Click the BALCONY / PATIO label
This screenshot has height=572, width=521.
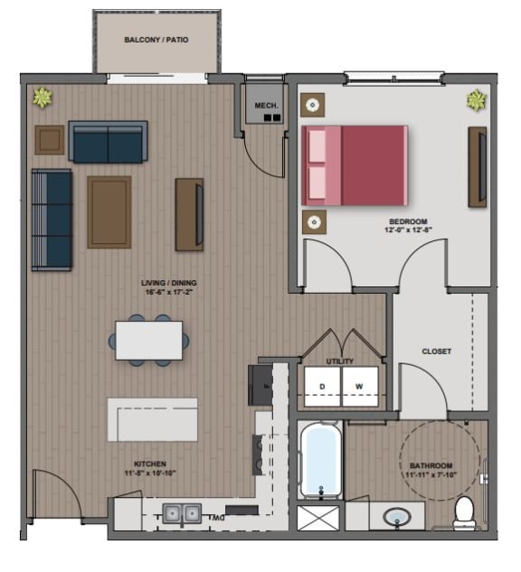pyautogui.click(x=155, y=40)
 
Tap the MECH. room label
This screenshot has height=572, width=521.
pyautogui.click(x=265, y=106)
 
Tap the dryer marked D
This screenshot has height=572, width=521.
pyautogui.click(x=321, y=388)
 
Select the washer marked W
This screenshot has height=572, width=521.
pyautogui.click(x=359, y=388)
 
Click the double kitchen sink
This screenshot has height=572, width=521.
pyautogui.click(x=181, y=514)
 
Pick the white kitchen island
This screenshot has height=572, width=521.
pyautogui.click(x=152, y=419)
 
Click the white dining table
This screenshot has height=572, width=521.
pyautogui.click(x=149, y=340)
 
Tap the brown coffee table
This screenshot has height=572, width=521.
pyautogui.click(x=109, y=211)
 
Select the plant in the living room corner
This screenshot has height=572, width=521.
pyautogui.click(x=43, y=97)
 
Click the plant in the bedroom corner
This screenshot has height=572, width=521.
pyautogui.click(x=476, y=99)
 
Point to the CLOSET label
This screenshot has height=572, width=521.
pyautogui.click(x=436, y=352)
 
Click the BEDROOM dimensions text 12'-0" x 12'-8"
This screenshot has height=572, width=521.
pyautogui.click(x=408, y=231)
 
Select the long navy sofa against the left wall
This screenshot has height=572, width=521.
pyautogui.click(x=52, y=219)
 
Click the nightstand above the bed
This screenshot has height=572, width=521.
pyautogui.click(x=313, y=105)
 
